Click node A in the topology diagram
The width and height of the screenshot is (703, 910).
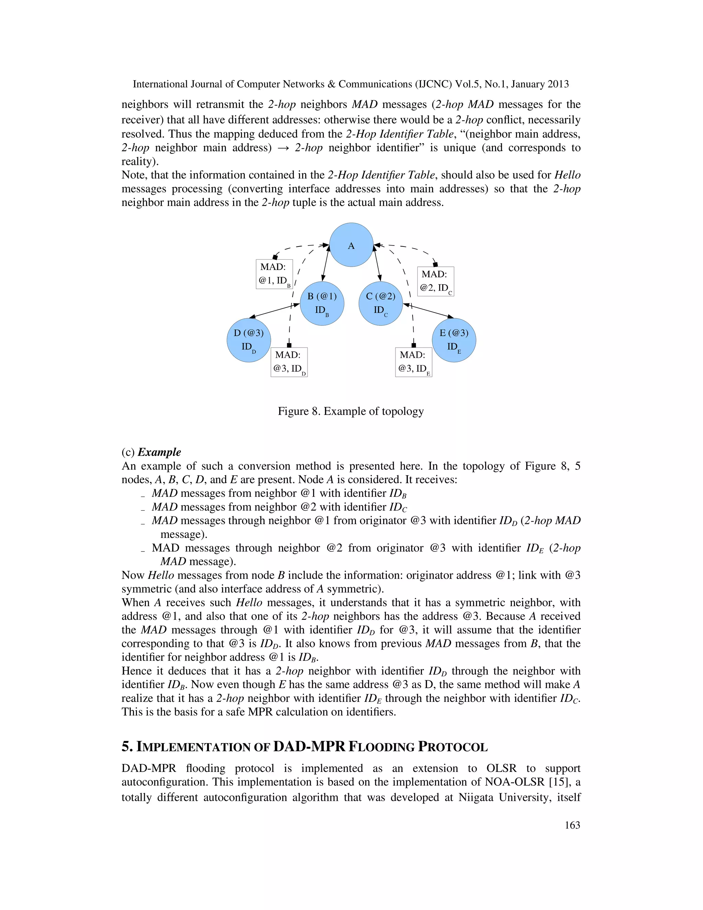pos(351,245)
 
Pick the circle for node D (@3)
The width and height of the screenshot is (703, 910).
pos(249,340)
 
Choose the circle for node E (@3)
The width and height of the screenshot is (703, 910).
pos(454,340)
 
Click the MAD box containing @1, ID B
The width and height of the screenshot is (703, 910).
pos(274,274)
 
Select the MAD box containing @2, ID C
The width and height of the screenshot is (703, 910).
pos(435,281)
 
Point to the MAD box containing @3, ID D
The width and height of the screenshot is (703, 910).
pos(289,362)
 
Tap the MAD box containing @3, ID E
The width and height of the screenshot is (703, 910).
pos(414,362)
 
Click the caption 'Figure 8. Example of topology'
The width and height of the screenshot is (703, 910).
pos(351,411)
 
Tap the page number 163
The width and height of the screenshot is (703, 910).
pos(572,825)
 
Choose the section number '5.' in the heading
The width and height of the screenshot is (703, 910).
pos(127,747)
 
